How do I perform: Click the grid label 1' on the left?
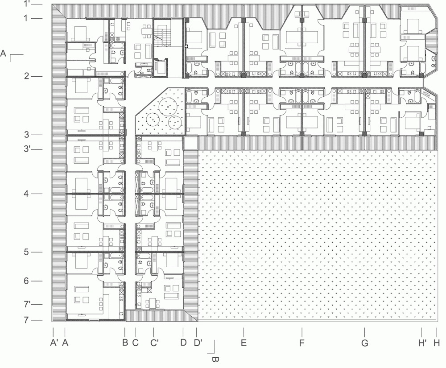point(26,4)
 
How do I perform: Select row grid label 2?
point(26,76)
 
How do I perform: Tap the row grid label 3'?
point(27,149)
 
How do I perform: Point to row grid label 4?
point(26,194)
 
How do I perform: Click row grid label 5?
point(26,252)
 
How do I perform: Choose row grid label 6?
point(26,281)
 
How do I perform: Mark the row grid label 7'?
point(27,305)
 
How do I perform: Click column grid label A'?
point(54,343)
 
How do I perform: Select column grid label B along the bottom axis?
point(125,343)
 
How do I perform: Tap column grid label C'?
point(154,343)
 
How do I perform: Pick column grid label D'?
point(198,343)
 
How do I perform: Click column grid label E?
point(244,343)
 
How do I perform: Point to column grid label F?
point(302,343)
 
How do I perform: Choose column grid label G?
point(365,343)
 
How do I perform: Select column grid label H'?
point(422,343)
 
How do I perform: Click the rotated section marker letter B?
point(215,360)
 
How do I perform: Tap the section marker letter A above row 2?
point(3,53)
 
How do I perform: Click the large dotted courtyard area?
point(317,235)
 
